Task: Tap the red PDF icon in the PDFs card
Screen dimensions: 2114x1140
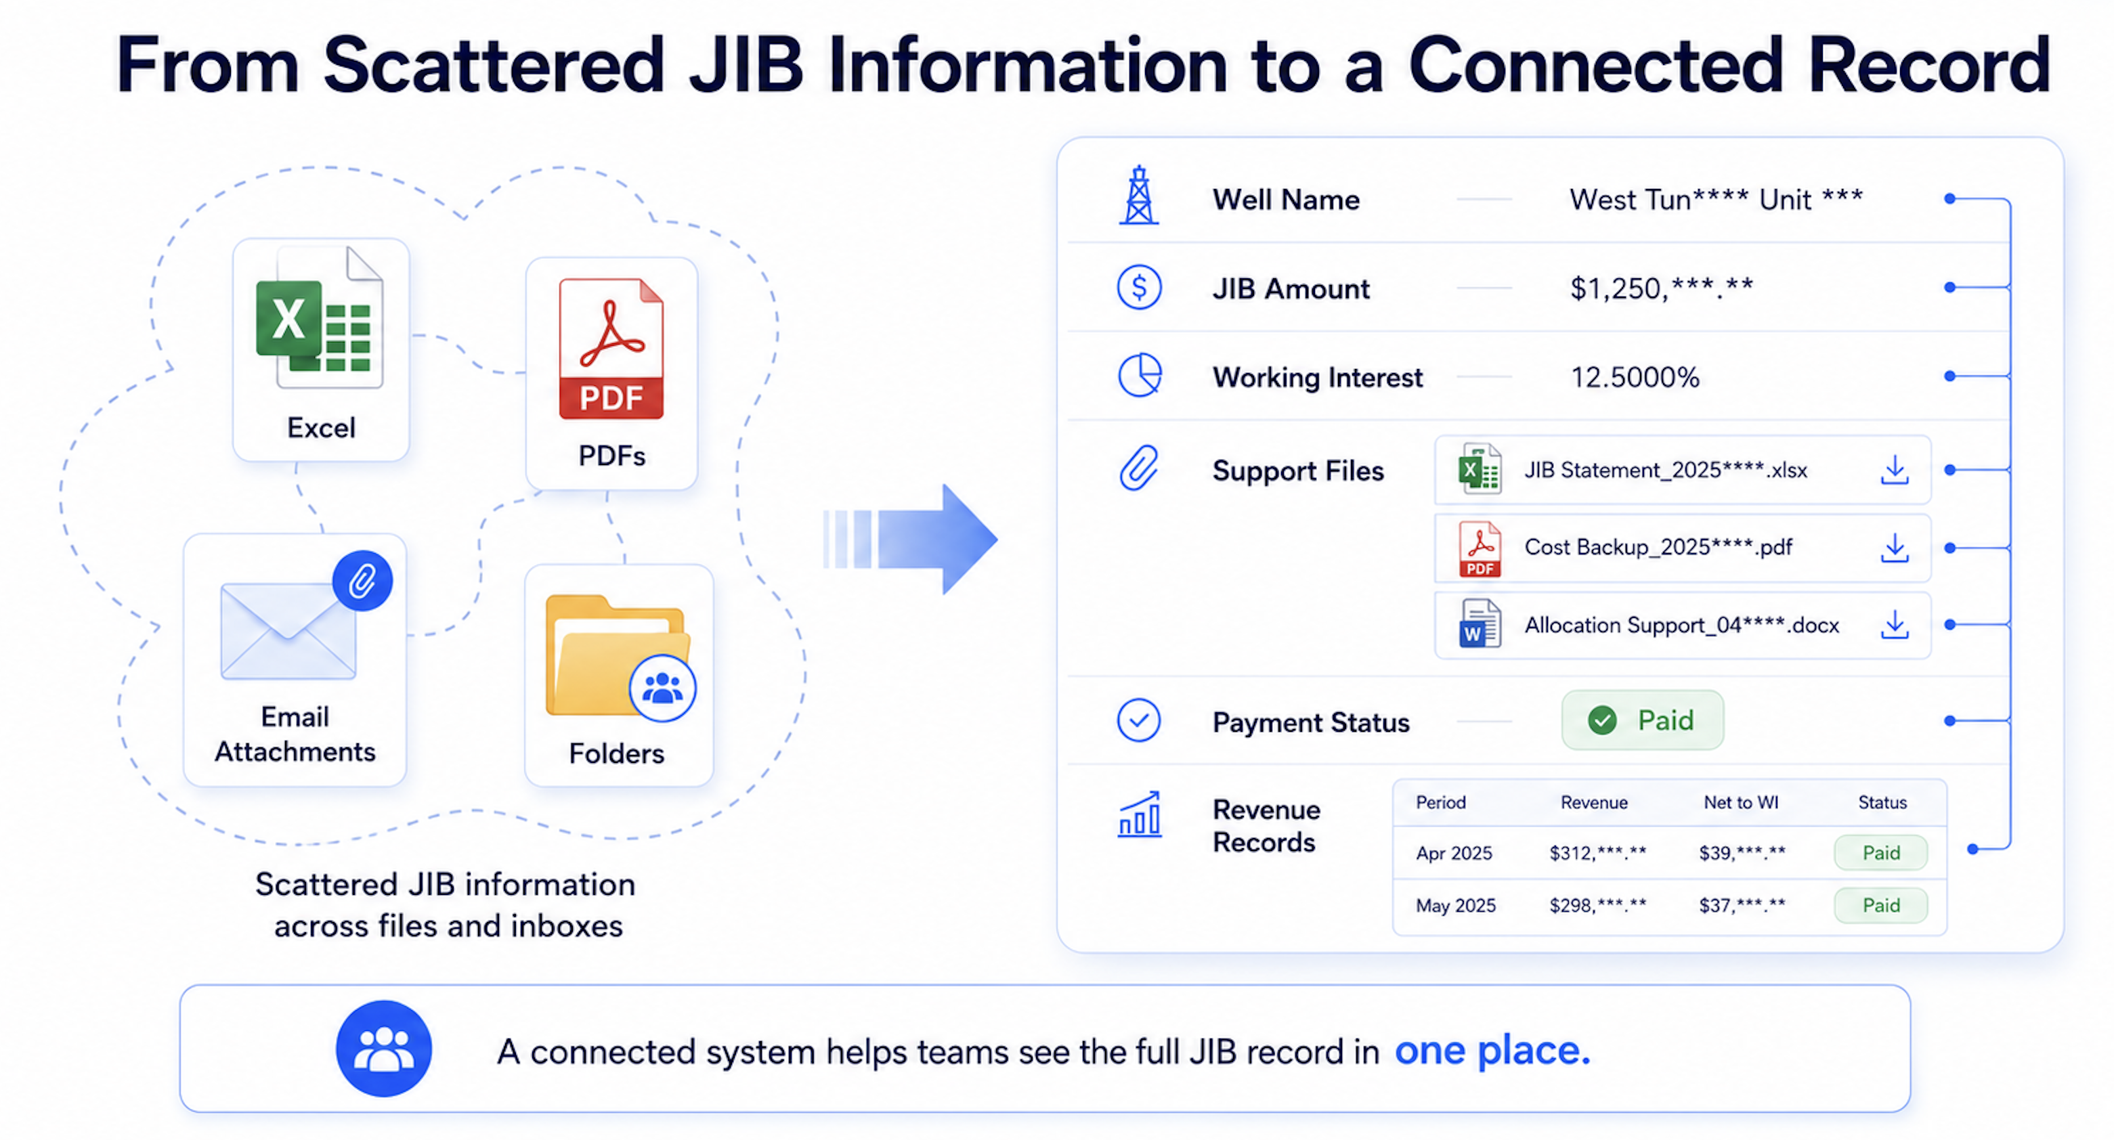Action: tap(611, 349)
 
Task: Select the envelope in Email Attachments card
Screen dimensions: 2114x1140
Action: tap(288, 630)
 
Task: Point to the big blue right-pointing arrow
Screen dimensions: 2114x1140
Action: tap(910, 540)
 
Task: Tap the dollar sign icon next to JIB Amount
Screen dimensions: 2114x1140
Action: tap(1139, 287)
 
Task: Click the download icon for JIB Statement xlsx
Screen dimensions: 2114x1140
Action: tap(1895, 470)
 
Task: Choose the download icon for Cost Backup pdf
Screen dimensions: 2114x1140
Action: tap(1895, 548)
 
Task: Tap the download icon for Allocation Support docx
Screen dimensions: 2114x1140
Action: tap(1895, 625)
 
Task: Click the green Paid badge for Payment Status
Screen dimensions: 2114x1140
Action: tap(1642, 720)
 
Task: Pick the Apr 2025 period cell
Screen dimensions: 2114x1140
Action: tap(1453, 853)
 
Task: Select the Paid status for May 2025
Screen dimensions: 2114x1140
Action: tap(1881, 905)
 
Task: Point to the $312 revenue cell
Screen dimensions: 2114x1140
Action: tap(1597, 853)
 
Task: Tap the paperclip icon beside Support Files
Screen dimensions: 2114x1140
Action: tap(1139, 468)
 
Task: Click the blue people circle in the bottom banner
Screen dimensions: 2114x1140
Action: tap(384, 1048)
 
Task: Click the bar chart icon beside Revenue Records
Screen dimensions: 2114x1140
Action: tap(1140, 814)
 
